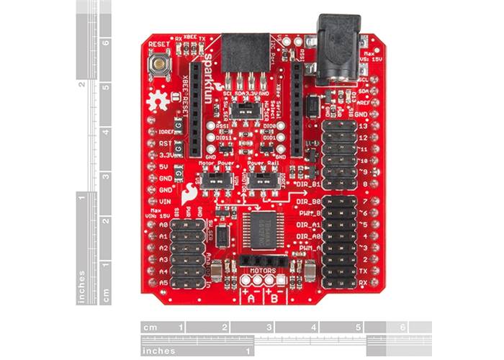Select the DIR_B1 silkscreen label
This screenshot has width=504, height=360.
[x=306, y=185]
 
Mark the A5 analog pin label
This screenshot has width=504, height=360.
[x=163, y=283]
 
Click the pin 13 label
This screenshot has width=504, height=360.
[x=363, y=126]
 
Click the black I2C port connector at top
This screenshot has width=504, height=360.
[x=245, y=55]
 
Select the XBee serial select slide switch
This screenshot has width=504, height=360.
[x=248, y=109]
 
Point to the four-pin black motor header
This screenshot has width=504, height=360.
[x=264, y=258]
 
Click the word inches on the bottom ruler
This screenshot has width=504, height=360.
[x=160, y=351]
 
